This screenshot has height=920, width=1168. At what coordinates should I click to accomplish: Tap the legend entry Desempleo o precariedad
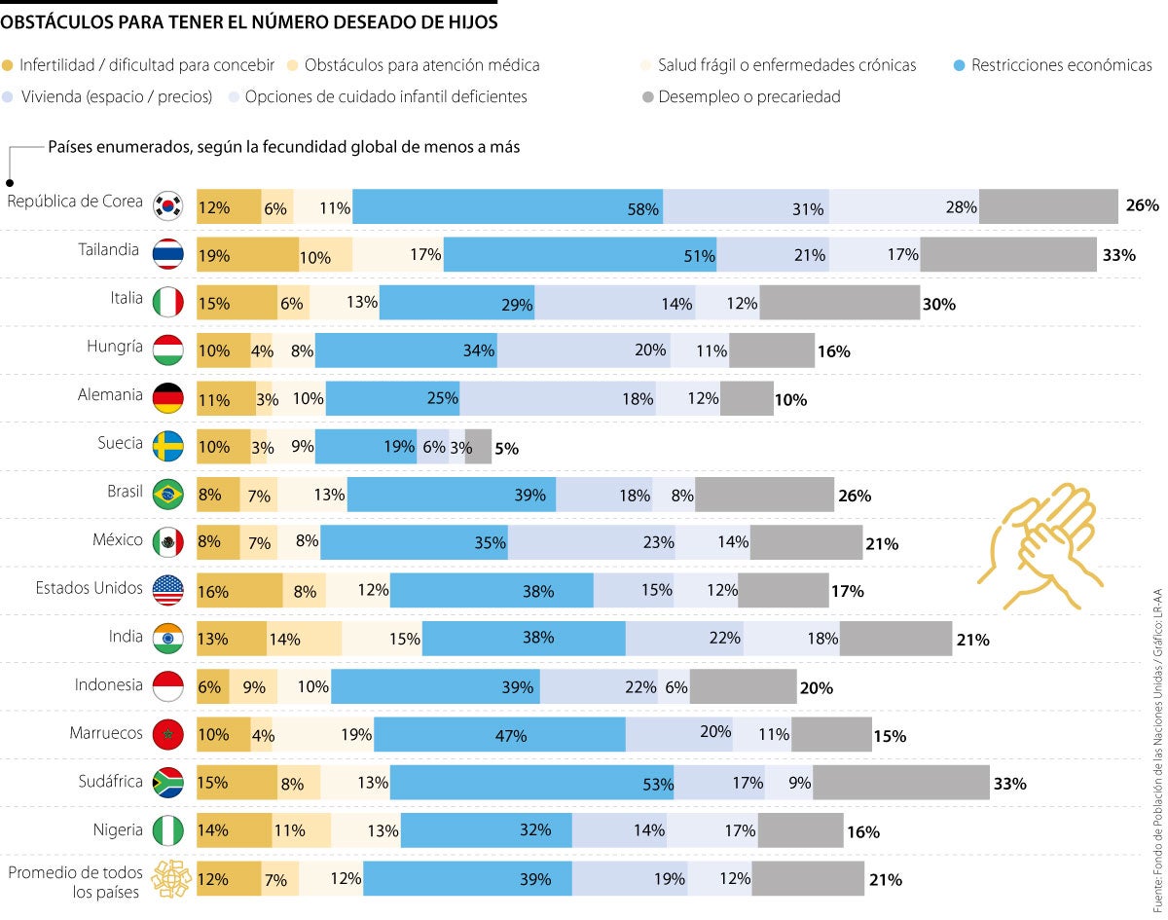740,97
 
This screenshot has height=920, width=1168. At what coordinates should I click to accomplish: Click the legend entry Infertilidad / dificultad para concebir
138,66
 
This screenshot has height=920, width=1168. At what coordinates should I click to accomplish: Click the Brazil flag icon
168,495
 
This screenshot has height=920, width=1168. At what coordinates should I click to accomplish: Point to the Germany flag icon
168,398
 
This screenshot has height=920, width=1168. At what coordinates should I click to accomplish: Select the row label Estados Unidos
89,588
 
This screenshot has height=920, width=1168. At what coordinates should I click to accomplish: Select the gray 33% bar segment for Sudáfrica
900,783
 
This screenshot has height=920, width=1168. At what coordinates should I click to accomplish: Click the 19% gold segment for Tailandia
247,255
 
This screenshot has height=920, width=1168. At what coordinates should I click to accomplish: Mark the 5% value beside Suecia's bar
506,449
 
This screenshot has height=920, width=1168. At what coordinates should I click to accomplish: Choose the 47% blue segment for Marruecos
499,735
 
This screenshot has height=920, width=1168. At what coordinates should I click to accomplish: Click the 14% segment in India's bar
304,639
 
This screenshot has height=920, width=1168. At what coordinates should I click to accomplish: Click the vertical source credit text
1156,750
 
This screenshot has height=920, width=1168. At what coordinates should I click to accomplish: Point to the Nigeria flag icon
168,830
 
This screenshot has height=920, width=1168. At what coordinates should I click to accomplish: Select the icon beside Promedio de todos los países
168,879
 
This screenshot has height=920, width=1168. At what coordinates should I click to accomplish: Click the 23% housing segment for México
592,542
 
